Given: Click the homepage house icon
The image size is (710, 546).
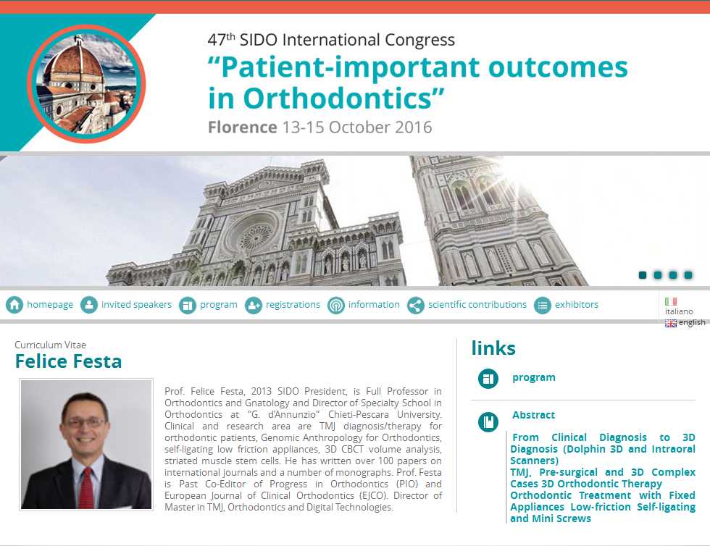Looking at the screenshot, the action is (x=14, y=305).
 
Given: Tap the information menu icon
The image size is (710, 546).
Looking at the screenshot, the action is (x=336, y=305).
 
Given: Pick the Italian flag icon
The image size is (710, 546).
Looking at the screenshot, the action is (x=671, y=301).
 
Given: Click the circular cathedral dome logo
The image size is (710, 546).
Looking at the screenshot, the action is (x=86, y=84).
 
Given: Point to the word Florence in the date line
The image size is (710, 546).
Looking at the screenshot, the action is (x=242, y=127).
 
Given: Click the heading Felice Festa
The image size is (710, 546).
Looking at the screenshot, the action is (x=68, y=361).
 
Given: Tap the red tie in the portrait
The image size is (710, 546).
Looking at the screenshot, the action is (x=86, y=488).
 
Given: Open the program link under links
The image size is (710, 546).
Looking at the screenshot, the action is (x=533, y=377).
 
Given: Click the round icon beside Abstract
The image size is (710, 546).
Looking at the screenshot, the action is (x=488, y=422).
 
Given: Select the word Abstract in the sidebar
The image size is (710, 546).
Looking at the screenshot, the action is (x=533, y=415).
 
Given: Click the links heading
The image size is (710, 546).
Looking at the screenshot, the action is (x=493, y=348).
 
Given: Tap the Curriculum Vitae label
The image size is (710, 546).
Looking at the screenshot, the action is (x=50, y=345).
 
